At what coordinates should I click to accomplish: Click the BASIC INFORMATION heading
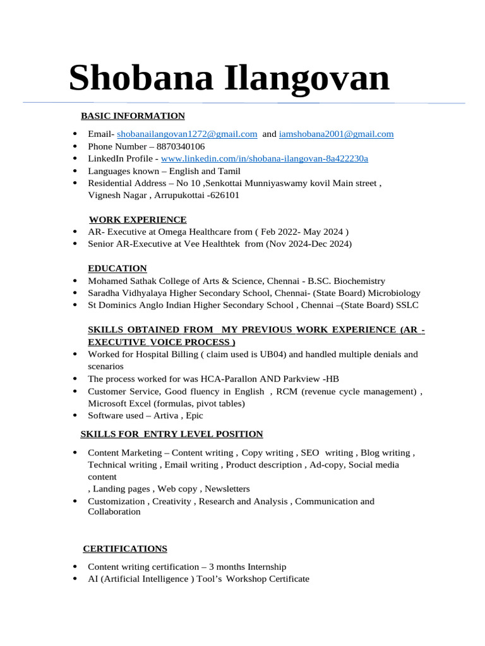pos(133,115)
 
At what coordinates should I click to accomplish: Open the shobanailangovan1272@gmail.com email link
pos(187,134)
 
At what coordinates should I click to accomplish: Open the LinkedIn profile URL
pos(265,158)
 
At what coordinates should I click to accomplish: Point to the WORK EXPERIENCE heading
pos(138,220)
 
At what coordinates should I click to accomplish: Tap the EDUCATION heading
pos(117,268)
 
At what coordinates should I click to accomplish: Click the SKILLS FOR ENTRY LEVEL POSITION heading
pos(172,434)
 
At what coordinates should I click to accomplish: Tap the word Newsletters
pos(227,489)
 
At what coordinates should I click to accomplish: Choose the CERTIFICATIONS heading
pos(125,548)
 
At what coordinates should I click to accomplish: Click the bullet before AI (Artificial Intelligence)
pos(76,578)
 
